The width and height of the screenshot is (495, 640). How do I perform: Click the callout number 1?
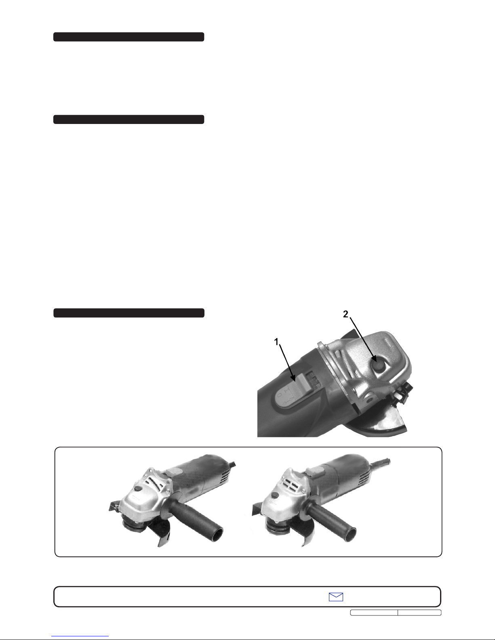click(276, 342)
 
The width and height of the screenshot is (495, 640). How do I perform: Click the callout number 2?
click(345, 314)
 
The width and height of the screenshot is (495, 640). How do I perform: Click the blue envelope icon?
click(336, 597)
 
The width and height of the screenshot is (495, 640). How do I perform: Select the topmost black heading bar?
click(129, 37)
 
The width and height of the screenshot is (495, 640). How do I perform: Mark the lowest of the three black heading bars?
click(129, 313)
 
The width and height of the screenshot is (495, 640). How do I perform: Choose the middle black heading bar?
click(129, 119)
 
